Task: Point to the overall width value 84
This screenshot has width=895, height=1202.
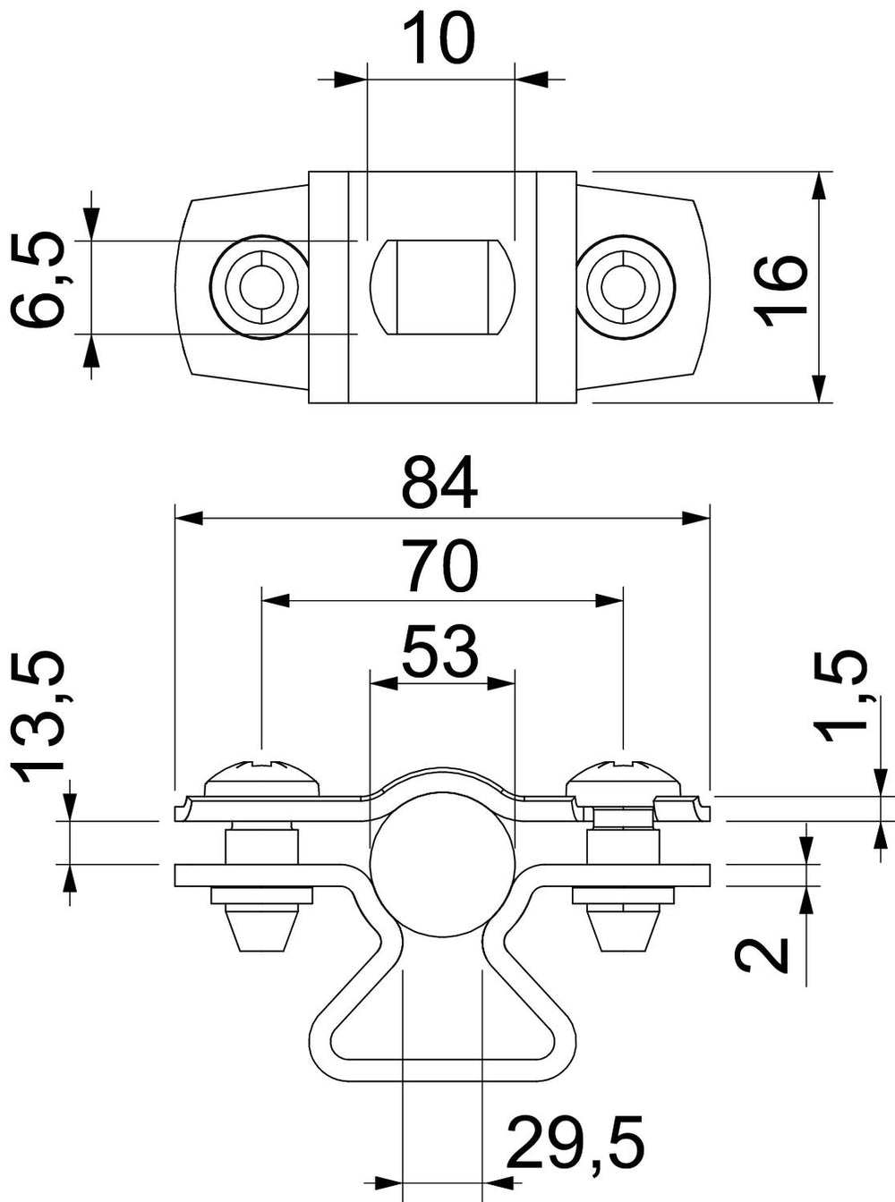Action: [x=440, y=482]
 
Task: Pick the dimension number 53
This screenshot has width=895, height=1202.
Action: [x=440, y=650]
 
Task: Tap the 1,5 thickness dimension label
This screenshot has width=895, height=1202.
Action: [x=840, y=697]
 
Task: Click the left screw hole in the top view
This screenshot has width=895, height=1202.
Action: [x=261, y=286]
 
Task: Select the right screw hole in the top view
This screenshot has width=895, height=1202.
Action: [x=625, y=286]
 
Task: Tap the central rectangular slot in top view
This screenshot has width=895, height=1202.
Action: [x=443, y=287]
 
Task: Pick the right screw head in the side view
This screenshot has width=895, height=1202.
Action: [x=625, y=779]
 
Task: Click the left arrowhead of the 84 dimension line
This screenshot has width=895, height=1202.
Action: [x=188, y=518]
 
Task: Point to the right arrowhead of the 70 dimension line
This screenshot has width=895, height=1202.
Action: [x=609, y=601]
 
